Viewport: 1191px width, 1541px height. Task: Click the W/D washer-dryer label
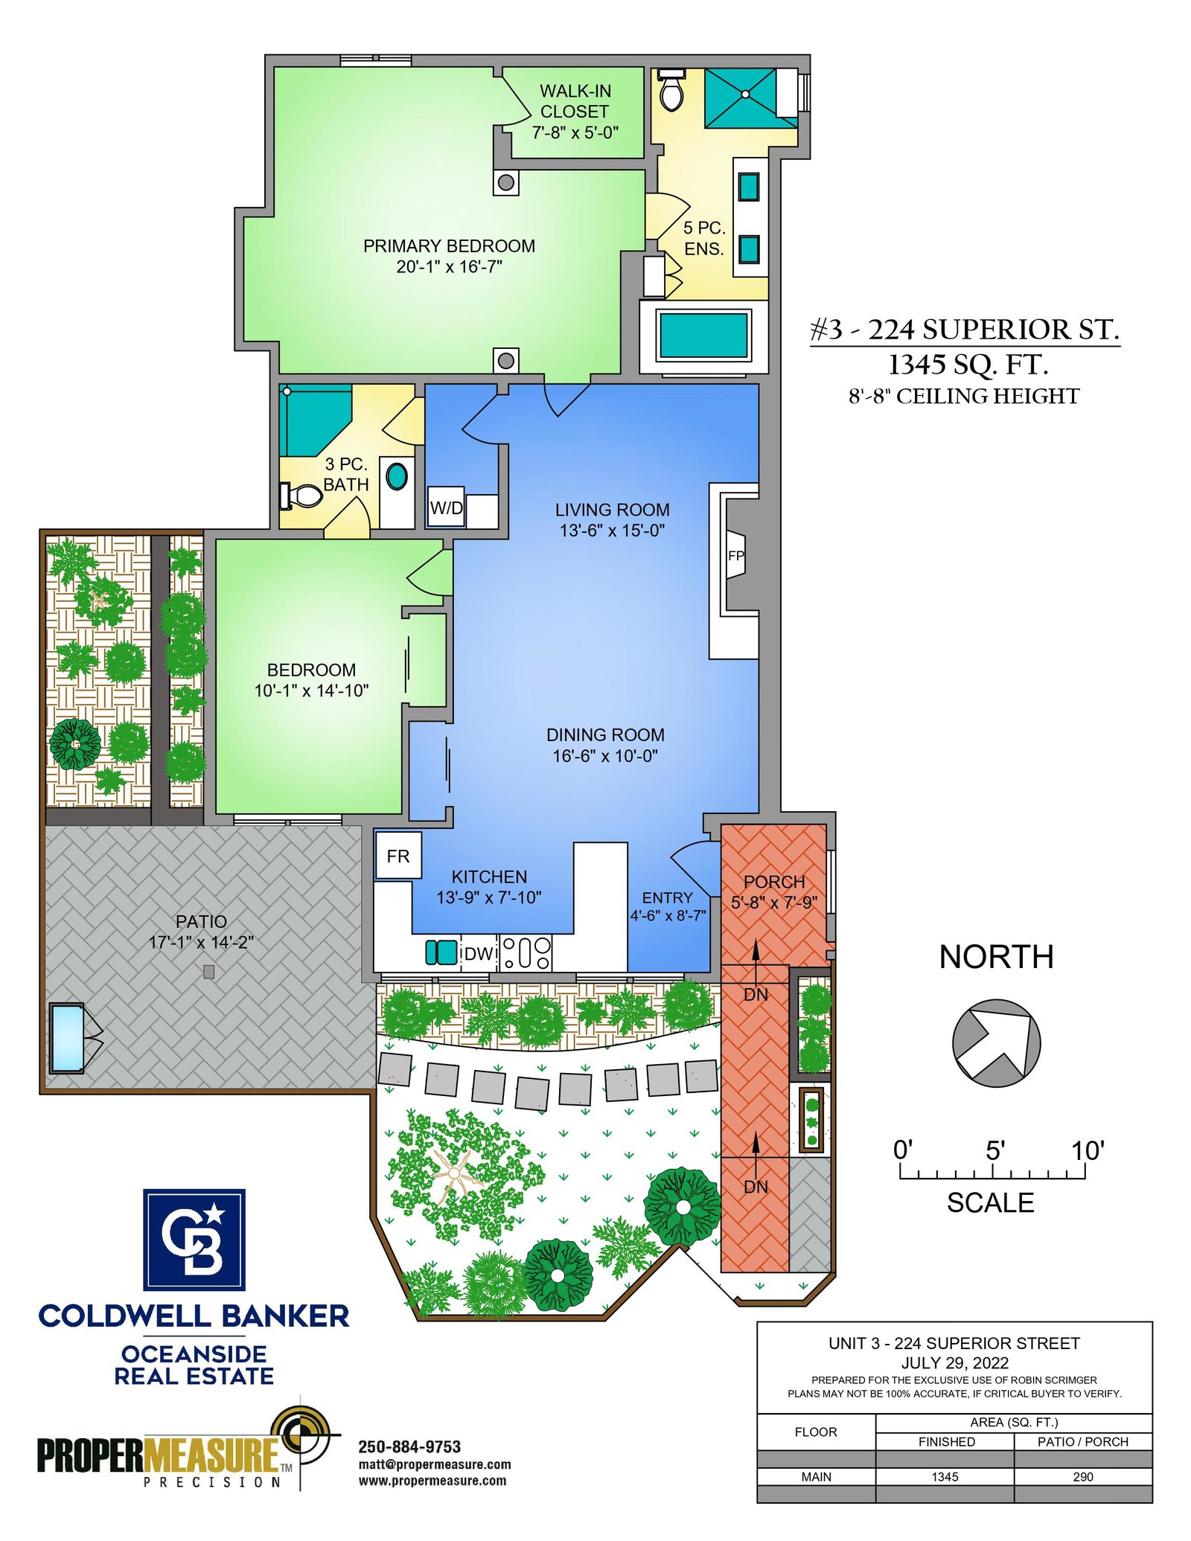pyautogui.click(x=447, y=508)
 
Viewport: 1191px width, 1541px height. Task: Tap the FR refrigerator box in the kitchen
pyautogui.click(x=398, y=856)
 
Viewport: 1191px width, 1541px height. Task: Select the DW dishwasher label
pyautogui.click(x=479, y=953)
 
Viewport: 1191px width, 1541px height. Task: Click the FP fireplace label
pyautogui.click(x=735, y=555)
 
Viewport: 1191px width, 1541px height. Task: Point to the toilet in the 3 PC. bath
pyautogui.click(x=301, y=496)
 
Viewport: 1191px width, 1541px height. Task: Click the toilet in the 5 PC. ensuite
pyautogui.click(x=671, y=90)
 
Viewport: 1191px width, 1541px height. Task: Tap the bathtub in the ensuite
pyautogui.click(x=703, y=336)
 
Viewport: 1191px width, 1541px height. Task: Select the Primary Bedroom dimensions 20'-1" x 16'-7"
pyautogui.click(x=450, y=266)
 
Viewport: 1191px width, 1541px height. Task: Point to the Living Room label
pyautogui.click(x=612, y=510)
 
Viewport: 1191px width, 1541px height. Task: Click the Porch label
pyautogui.click(x=774, y=882)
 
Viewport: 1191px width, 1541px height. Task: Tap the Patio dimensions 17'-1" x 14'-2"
pyautogui.click(x=201, y=942)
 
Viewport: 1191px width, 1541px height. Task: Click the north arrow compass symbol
pyautogui.click(x=996, y=1042)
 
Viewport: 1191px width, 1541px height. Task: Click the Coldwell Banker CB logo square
pyautogui.click(x=194, y=1240)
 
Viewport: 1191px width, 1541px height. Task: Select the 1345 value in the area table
pyautogui.click(x=945, y=1477)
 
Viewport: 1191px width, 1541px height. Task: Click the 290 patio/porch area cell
pyautogui.click(x=1083, y=1477)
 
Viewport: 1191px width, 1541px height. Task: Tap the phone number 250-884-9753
pyautogui.click(x=409, y=1447)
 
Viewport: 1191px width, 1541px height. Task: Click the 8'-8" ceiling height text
pyautogui.click(x=964, y=396)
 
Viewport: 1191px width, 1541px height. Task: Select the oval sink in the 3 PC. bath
pyautogui.click(x=397, y=476)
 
